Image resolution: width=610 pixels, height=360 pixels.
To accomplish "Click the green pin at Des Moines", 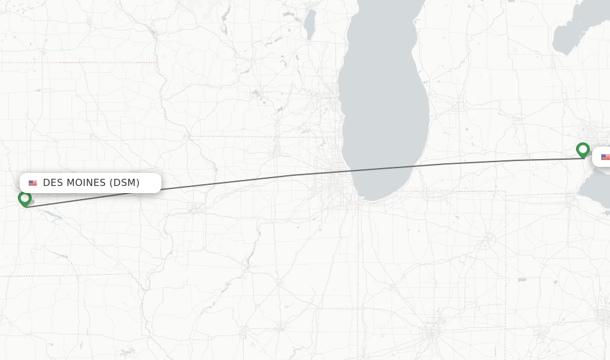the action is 24,198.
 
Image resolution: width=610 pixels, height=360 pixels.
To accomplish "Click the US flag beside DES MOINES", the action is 33,183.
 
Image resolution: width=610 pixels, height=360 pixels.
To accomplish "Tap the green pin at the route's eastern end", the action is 583,149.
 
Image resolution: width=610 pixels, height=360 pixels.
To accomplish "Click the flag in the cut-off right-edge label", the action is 605,157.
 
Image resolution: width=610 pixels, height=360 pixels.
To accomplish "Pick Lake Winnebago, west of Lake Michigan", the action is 309,24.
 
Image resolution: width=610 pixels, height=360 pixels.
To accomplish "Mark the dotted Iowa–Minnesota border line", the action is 77,62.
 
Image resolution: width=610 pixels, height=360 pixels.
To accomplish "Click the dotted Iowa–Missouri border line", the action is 60,275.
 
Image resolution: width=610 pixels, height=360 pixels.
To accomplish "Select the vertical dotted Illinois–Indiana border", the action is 358,268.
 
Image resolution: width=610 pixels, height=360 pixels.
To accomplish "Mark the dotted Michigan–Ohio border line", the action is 536,194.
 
